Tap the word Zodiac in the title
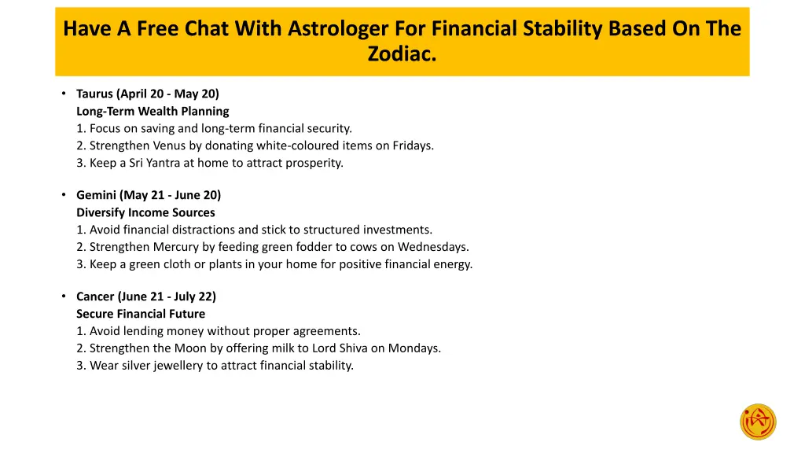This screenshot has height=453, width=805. point(400,55)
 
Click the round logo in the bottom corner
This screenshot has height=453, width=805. point(758,422)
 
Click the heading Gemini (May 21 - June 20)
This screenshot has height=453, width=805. point(149,195)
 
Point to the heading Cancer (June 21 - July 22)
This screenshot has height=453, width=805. point(145,296)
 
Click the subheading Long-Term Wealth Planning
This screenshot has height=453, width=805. point(153,111)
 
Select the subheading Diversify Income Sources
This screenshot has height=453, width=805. point(145,212)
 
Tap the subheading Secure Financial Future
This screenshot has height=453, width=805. point(141,314)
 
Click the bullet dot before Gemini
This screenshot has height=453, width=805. point(63,195)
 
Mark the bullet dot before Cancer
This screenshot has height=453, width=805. point(63,296)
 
